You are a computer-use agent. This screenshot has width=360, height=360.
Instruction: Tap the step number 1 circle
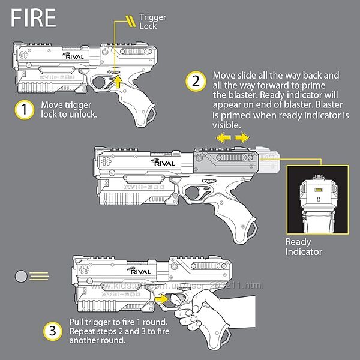coord(24,110)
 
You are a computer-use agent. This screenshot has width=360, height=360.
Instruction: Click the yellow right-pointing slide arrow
coord(242,139)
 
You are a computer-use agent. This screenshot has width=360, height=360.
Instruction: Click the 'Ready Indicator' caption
coord(304,247)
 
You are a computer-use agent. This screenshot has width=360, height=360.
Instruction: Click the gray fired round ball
coord(22,276)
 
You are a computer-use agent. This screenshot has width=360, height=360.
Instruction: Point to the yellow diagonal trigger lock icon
coord(127,23)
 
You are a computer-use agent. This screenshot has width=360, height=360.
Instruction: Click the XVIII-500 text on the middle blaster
coord(158,188)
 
